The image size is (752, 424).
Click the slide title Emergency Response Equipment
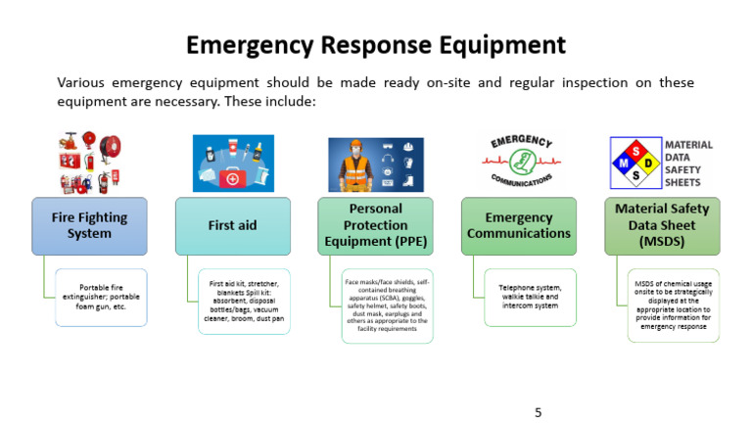tap(376, 45)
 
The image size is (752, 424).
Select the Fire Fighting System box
tap(89, 226)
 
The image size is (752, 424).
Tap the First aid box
tap(232, 226)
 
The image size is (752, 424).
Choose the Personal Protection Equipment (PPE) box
tap(376, 226)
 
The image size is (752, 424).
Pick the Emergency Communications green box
tap(519, 226)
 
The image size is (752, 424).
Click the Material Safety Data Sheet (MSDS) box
tap(662, 226)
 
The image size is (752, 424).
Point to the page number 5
tap(538, 412)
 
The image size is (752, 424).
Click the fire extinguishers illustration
tap(89, 163)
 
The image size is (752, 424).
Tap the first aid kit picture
tap(232, 163)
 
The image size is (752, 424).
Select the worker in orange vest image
tap(375, 165)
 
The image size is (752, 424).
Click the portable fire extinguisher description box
tap(101, 298)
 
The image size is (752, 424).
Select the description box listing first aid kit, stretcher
tap(245, 302)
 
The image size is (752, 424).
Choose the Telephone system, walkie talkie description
tap(531, 298)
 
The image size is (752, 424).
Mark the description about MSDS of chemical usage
tap(674, 305)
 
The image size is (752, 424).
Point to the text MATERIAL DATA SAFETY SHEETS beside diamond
tap(689, 163)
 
